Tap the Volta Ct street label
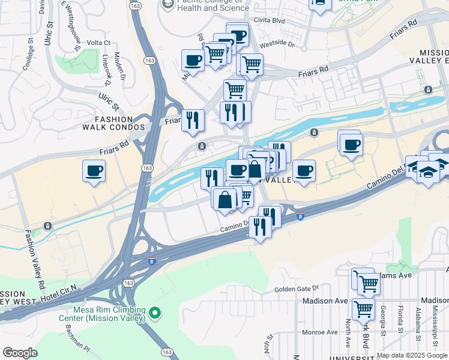tap(99, 43)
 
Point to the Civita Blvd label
tap(269, 20)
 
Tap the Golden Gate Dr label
tap(296, 289)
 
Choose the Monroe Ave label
tap(320, 332)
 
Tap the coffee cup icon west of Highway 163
tap(94, 171)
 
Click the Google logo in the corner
tap(20, 353)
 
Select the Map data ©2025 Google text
tap(412, 355)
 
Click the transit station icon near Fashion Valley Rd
tap(47, 226)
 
